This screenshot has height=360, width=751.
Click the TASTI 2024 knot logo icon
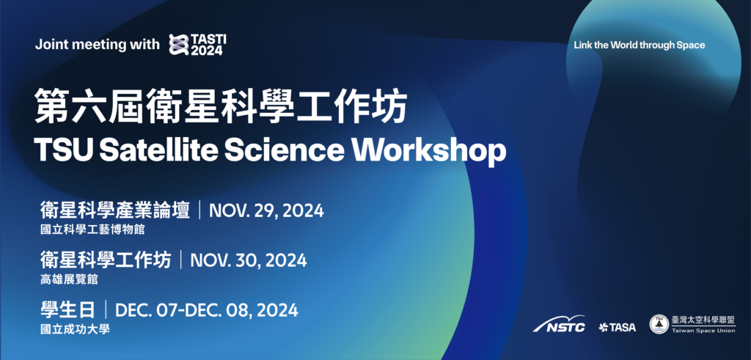coord(180,45)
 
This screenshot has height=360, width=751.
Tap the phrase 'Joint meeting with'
coord(98,45)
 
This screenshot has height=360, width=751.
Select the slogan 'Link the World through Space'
coord(640,45)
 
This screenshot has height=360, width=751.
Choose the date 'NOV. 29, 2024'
coord(266,210)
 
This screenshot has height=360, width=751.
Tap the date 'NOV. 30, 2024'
coord(249,260)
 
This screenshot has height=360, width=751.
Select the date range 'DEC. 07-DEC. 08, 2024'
coord(207,310)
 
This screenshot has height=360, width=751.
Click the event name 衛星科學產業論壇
coord(115,210)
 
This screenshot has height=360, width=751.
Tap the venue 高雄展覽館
coord(70,279)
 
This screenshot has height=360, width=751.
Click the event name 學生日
coord(68,310)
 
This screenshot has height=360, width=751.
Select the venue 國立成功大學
coord(76,329)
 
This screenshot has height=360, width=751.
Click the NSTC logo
coord(559,324)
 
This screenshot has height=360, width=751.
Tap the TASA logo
coord(618,328)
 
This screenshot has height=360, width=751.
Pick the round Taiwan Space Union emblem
coord(659,324)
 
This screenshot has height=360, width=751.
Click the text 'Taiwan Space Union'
coord(703,331)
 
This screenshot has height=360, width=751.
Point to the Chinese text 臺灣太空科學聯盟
coord(703,320)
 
